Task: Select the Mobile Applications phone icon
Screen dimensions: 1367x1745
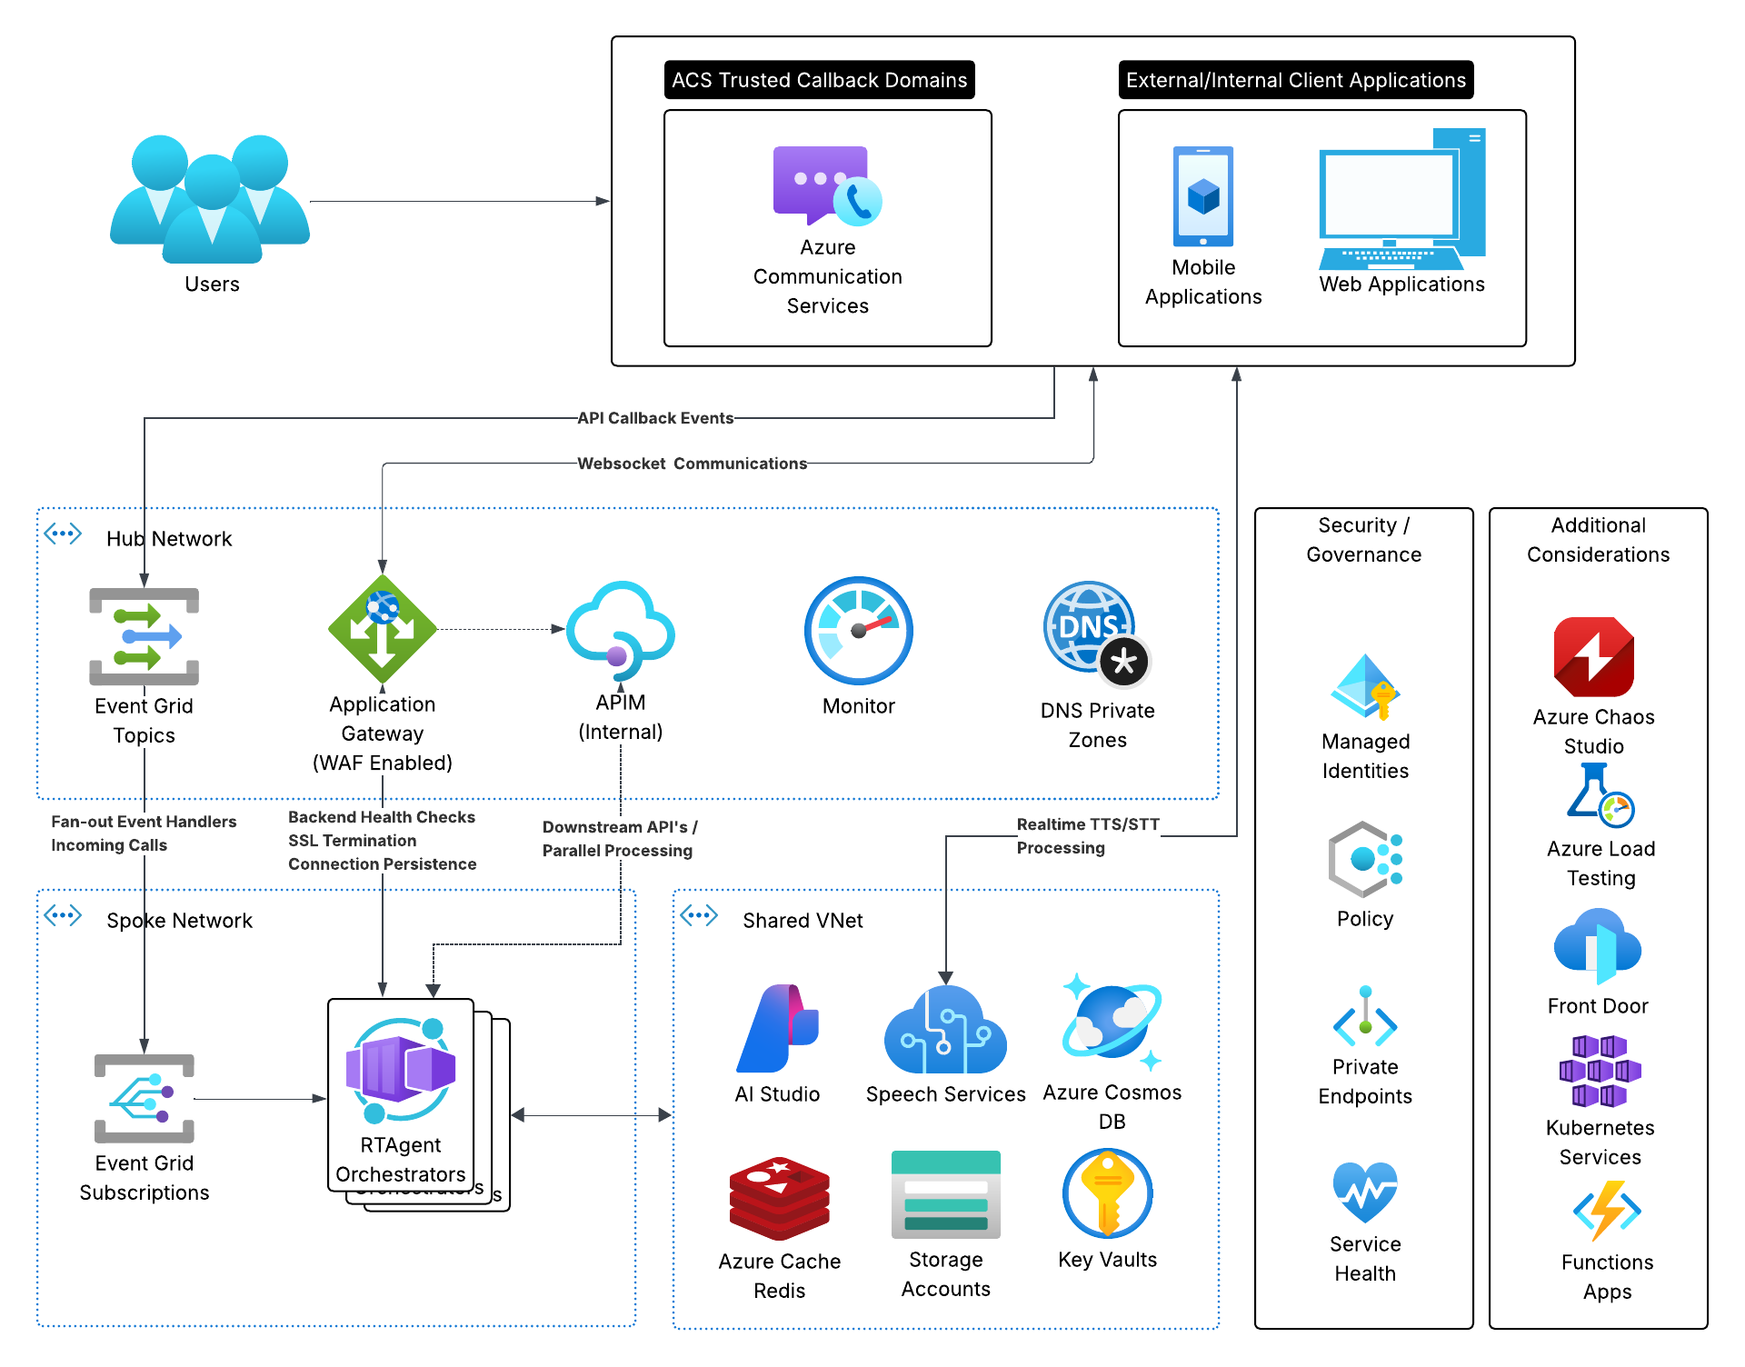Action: [1202, 196]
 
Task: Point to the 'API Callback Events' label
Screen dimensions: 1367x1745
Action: [655, 418]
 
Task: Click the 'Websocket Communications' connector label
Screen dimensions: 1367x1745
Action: [692, 464]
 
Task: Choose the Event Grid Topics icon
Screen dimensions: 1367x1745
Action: [144, 636]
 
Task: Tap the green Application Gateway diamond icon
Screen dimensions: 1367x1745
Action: [382, 629]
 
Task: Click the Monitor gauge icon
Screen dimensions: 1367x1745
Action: [858, 630]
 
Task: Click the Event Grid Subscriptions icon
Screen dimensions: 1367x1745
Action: [144, 1098]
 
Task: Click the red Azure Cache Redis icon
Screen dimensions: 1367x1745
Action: [779, 1198]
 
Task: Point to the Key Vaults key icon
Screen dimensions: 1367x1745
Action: [1107, 1193]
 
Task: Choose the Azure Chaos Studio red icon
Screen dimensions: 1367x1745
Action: [1593, 656]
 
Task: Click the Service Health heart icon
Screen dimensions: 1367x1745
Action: [1364, 1192]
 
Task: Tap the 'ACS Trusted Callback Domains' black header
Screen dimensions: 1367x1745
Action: [819, 80]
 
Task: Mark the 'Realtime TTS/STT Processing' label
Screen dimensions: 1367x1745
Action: [1087, 836]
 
